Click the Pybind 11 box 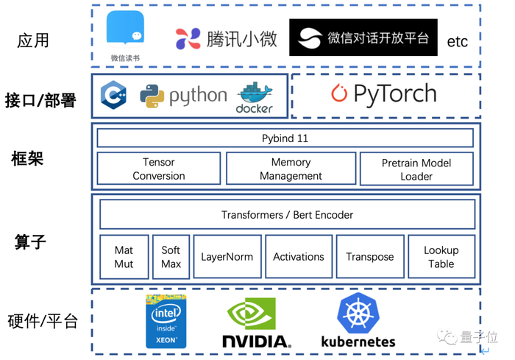[x=285, y=138]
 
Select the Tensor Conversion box [x=158, y=169]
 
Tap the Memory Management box [x=291, y=169]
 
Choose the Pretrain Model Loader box [x=416, y=169]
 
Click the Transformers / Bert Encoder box [x=287, y=215]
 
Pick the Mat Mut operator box [x=124, y=257]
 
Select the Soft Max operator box [x=171, y=257]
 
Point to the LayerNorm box [x=227, y=257]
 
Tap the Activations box [x=298, y=257]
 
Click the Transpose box [x=369, y=257]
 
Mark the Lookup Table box [x=441, y=257]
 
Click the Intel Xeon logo [x=166, y=322]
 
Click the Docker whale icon [x=255, y=93]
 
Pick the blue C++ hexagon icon [x=114, y=95]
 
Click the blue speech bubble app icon [x=125, y=29]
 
